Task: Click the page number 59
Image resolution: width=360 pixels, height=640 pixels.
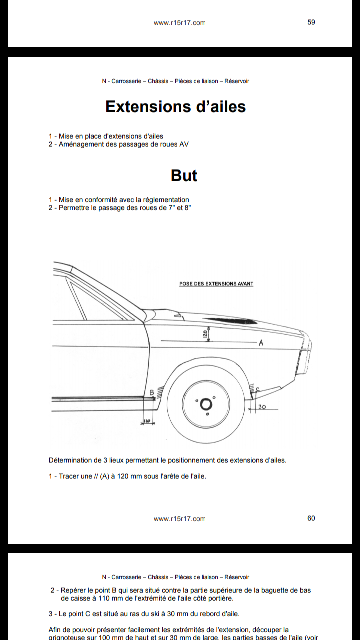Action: (x=311, y=22)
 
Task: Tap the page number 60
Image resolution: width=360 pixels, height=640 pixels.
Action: (x=311, y=518)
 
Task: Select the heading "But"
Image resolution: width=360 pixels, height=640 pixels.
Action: (x=184, y=175)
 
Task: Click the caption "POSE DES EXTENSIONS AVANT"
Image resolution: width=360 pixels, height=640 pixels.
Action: (x=216, y=284)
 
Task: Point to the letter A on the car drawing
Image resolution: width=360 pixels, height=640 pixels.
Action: (x=261, y=343)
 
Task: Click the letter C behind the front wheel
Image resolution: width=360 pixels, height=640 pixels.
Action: (x=257, y=389)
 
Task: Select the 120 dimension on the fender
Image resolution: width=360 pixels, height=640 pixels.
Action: (x=205, y=333)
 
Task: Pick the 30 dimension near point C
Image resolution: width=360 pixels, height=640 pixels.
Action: (x=262, y=407)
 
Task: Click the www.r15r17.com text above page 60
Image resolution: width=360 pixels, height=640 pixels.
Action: (x=179, y=519)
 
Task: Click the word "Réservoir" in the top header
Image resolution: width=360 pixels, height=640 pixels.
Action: (x=237, y=81)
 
